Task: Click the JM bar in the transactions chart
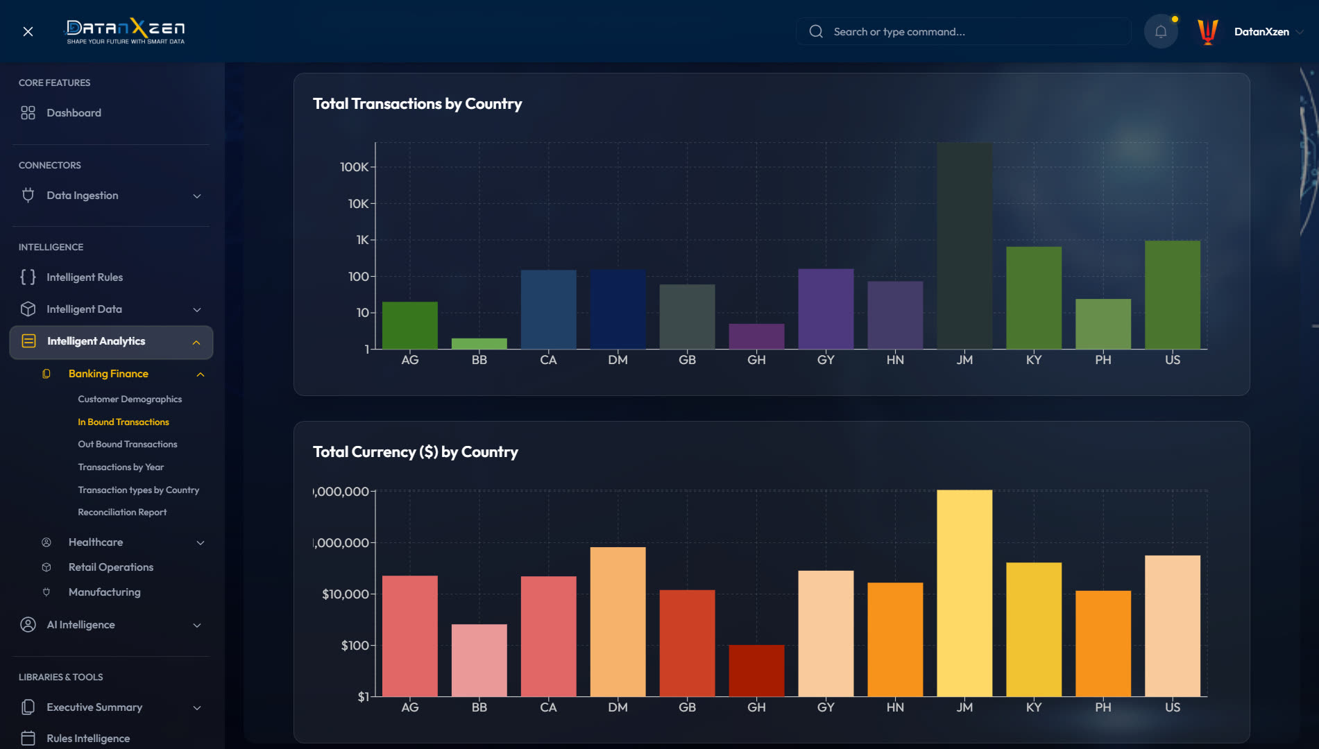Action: click(964, 246)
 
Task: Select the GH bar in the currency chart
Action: click(756, 671)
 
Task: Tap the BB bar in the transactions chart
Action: click(479, 343)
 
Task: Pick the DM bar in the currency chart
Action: click(618, 621)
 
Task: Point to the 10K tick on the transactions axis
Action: click(358, 203)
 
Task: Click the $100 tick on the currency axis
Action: click(355, 646)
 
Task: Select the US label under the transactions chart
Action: click(1173, 360)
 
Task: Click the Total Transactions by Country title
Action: click(417, 104)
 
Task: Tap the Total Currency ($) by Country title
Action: click(415, 452)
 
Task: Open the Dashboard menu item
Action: click(74, 113)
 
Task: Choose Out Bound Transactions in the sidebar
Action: click(128, 445)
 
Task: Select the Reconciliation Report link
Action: click(122, 513)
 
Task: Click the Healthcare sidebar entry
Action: click(96, 542)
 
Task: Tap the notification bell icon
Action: click(1161, 31)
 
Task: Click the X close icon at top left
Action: click(28, 31)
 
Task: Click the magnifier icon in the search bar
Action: click(816, 31)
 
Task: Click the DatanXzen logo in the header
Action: click(126, 31)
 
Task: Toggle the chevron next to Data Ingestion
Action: click(197, 196)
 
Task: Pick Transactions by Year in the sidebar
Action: click(121, 467)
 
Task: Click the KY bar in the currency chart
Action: click(1034, 629)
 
